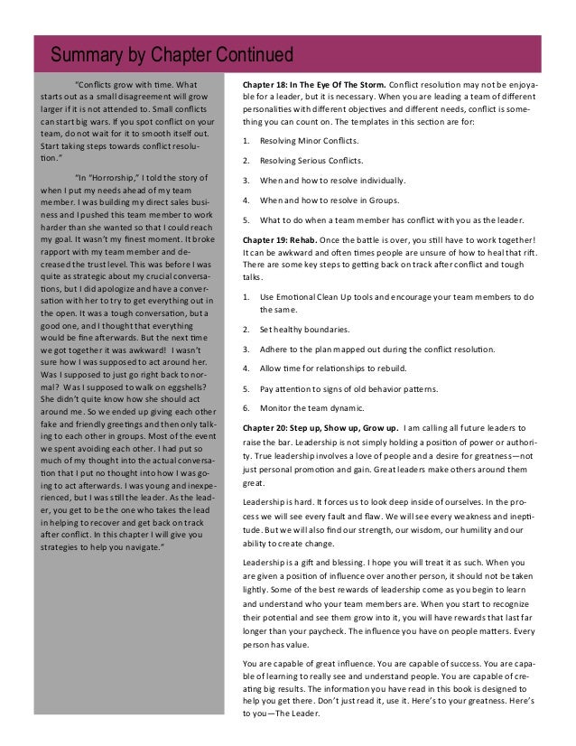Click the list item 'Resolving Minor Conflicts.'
coord(309,142)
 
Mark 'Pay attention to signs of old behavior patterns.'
coord(348,387)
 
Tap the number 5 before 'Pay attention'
coord(246,387)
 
